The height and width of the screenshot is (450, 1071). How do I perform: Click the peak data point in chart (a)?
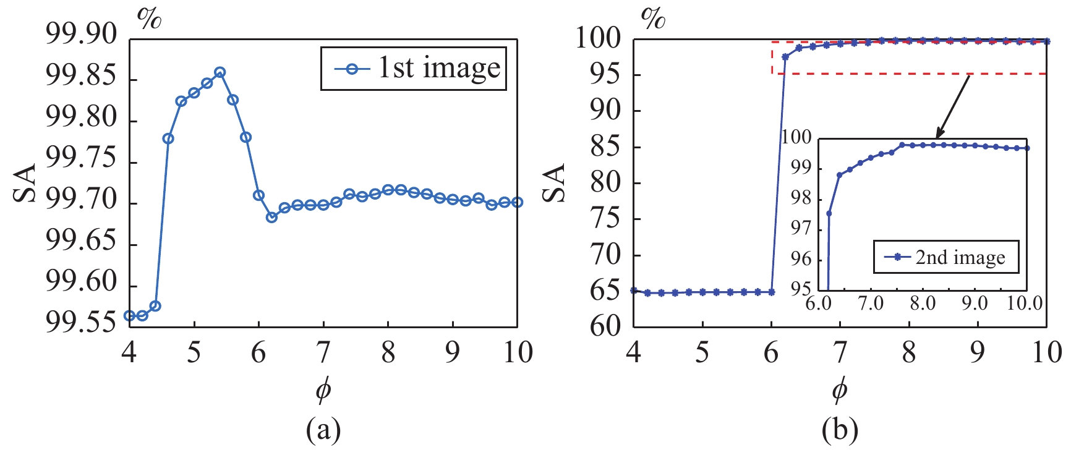point(220,72)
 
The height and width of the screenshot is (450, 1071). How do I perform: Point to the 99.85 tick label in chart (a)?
point(81,78)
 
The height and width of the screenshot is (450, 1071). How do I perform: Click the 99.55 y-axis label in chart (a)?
point(81,323)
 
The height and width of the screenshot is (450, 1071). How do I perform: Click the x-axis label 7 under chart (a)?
point(323,353)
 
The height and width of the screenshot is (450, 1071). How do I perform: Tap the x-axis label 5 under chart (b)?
point(702,353)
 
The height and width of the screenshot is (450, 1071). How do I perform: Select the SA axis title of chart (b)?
point(554,183)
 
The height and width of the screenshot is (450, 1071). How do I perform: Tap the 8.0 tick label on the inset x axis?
point(922,304)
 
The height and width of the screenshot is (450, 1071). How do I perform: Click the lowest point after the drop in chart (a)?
point(271,217)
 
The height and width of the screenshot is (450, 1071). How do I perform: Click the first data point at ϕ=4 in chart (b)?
point(634,290)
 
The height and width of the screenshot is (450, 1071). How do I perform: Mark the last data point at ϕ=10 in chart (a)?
point(517,202)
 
